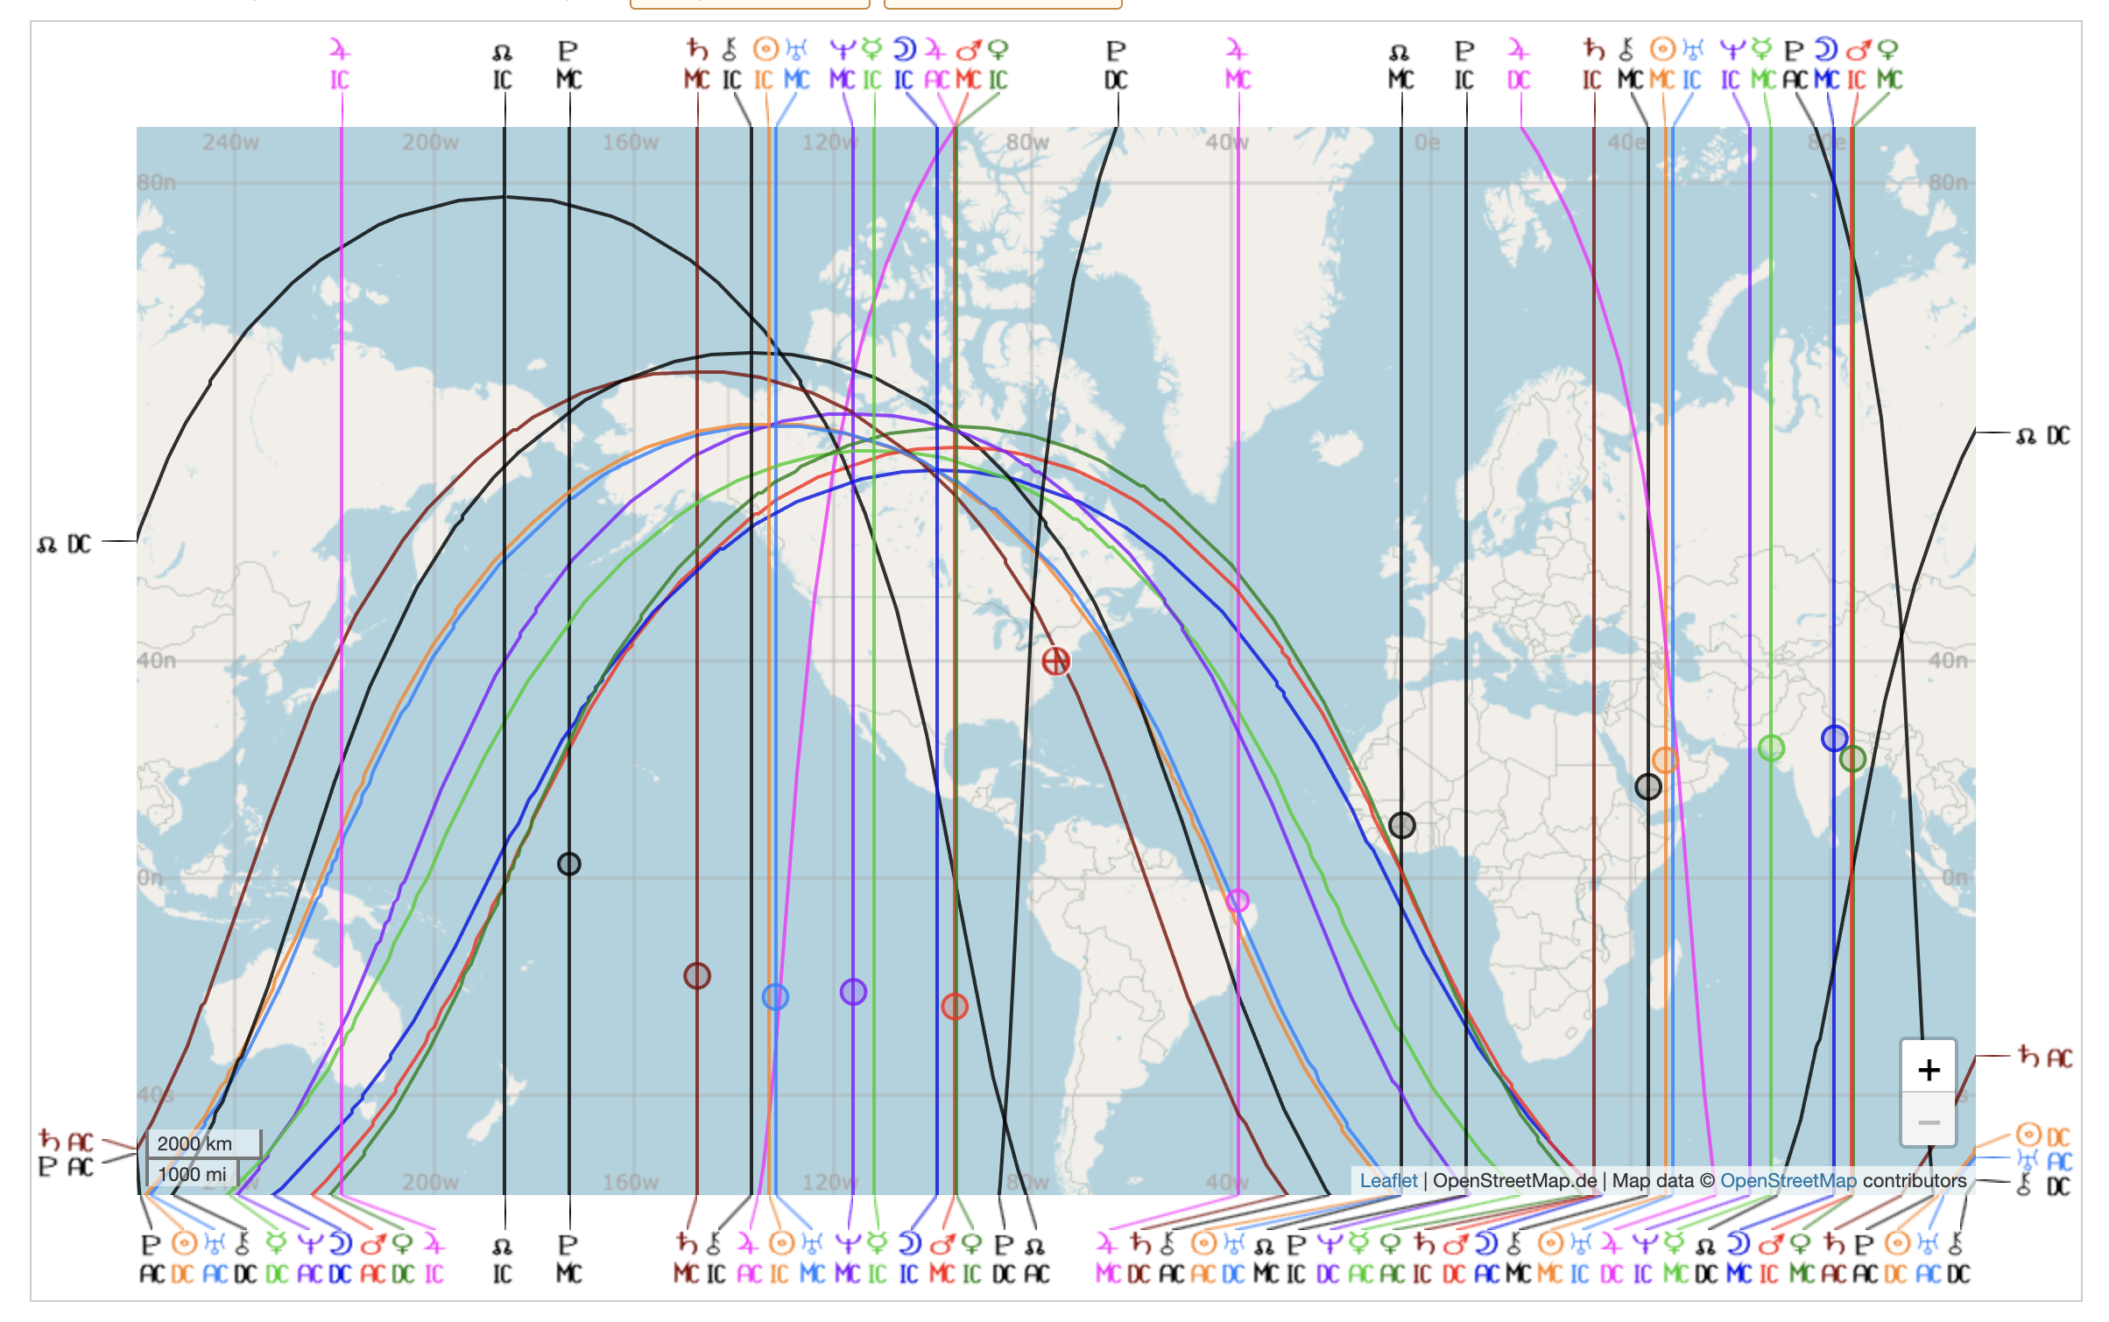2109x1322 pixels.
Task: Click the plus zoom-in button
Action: (x=1928, y=1069)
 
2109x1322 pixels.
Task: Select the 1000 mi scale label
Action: (x=193, y=1174)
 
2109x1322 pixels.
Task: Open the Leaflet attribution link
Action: (x=1387, y=1180)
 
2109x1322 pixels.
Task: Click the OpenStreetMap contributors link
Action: (x=1788, y=1180)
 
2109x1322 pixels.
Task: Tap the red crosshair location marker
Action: (x=1056, y=661)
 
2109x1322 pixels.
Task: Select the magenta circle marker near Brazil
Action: (x=1238, y=900)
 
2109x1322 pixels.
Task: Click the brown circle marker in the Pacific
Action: (x=697, y=975)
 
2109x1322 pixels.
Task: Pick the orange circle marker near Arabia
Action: (x=1665, y=760)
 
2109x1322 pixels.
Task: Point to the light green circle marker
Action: (x=1771, y=748)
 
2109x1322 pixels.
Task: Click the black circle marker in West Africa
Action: (x=1401, y=825)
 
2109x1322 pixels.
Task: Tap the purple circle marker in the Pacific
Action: (x=853, y=992)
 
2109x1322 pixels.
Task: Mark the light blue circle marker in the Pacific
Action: (x=775, y=996)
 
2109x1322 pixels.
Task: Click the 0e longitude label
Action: (x=1427, y=142)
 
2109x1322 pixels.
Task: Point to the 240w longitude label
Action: (x=231, y=142)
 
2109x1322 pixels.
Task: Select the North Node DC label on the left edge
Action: (x=65, y=545)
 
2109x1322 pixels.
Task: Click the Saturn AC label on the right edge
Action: (x=2045, y=1058)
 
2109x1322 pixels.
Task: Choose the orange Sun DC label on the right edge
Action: (x=2043, y=1136)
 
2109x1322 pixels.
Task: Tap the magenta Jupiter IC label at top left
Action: (x=340, y=65)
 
